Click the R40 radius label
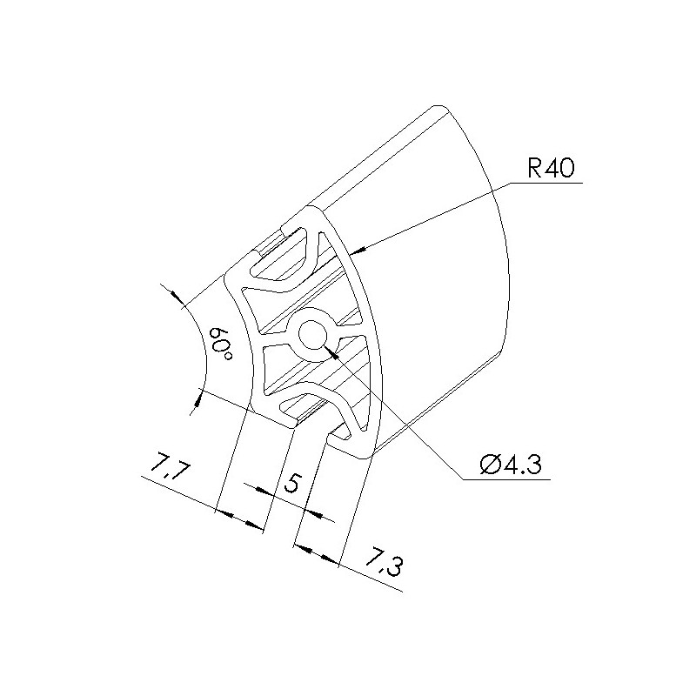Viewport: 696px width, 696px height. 551,168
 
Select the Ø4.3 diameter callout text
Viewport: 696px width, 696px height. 511,465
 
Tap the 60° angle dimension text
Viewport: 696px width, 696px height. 221,345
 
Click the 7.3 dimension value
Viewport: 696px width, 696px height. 385,563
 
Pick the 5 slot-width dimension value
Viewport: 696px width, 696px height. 292,483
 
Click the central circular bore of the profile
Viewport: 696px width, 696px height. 313,335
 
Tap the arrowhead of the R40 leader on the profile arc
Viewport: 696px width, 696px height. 358,251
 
